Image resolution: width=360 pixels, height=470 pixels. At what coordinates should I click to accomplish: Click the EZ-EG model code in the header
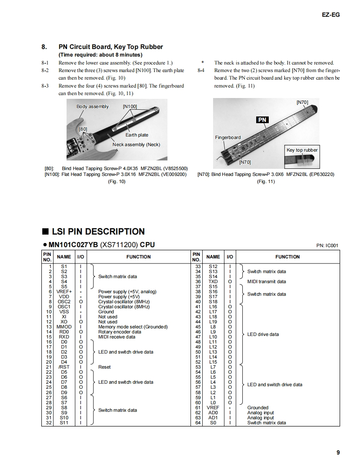[x=331, y=15]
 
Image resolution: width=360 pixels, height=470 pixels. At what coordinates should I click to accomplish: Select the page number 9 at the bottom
[x=338, y=452]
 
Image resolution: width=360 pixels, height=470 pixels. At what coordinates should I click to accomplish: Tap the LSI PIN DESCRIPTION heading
[x=98, y=232]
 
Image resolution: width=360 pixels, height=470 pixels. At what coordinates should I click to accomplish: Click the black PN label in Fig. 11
[x=262, y=120]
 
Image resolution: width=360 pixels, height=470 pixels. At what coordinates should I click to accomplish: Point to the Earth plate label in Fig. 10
[x=137, y=135]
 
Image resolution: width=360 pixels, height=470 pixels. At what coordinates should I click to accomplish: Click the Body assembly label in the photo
[x=93, y=106]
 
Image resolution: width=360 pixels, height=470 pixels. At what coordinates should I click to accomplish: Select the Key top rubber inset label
[x=302, y=150]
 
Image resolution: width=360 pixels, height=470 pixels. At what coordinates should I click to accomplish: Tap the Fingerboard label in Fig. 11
[x=228, y=137]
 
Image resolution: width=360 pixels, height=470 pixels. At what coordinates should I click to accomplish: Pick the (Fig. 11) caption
[x=266, y=181]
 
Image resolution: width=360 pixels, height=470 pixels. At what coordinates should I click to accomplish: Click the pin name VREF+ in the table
[x=64, y=292]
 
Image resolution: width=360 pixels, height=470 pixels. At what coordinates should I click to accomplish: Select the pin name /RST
[x=64, y=367]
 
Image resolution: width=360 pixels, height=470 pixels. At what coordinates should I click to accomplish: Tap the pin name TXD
[x=213, y=281]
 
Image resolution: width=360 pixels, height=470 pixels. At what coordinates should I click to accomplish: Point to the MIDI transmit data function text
[x=267, y=281]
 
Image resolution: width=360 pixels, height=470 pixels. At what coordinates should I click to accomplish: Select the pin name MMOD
[x=64, y=327]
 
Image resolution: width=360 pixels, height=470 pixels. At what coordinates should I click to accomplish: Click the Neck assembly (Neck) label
[x=136, y=145]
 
